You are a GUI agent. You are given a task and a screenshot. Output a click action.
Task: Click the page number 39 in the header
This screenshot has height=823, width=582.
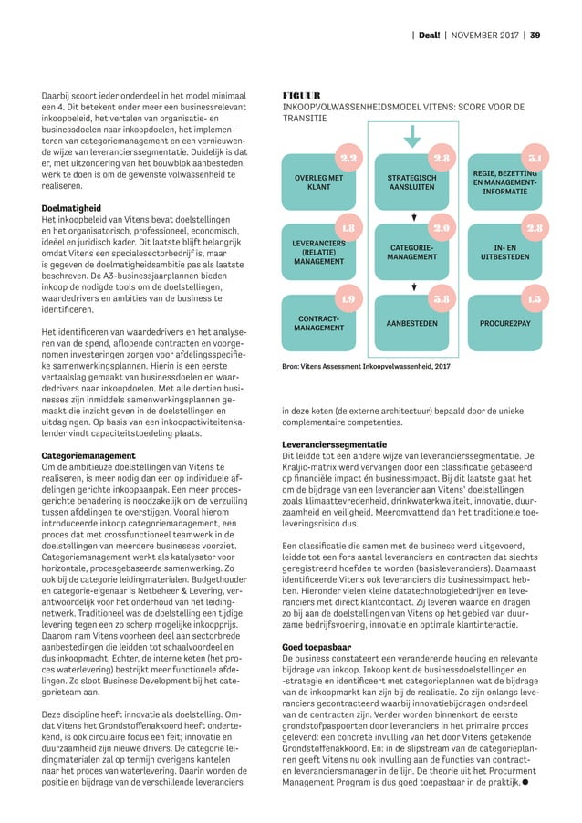click(535, 36)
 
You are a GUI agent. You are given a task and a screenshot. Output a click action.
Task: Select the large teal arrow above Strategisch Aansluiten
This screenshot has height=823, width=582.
click(413, 136)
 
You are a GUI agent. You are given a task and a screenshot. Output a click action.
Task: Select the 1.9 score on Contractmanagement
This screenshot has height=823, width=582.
click(348, 298)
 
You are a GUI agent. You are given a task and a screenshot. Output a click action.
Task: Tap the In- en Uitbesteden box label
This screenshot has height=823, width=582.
click(504, 252)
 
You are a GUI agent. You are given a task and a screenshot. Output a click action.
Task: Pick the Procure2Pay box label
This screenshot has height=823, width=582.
click(504, 323)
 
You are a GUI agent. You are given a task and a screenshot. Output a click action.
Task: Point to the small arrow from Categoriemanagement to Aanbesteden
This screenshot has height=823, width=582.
click(413, 288)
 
